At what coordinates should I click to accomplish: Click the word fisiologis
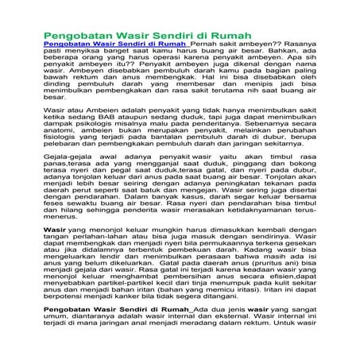(x=60, y=175)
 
